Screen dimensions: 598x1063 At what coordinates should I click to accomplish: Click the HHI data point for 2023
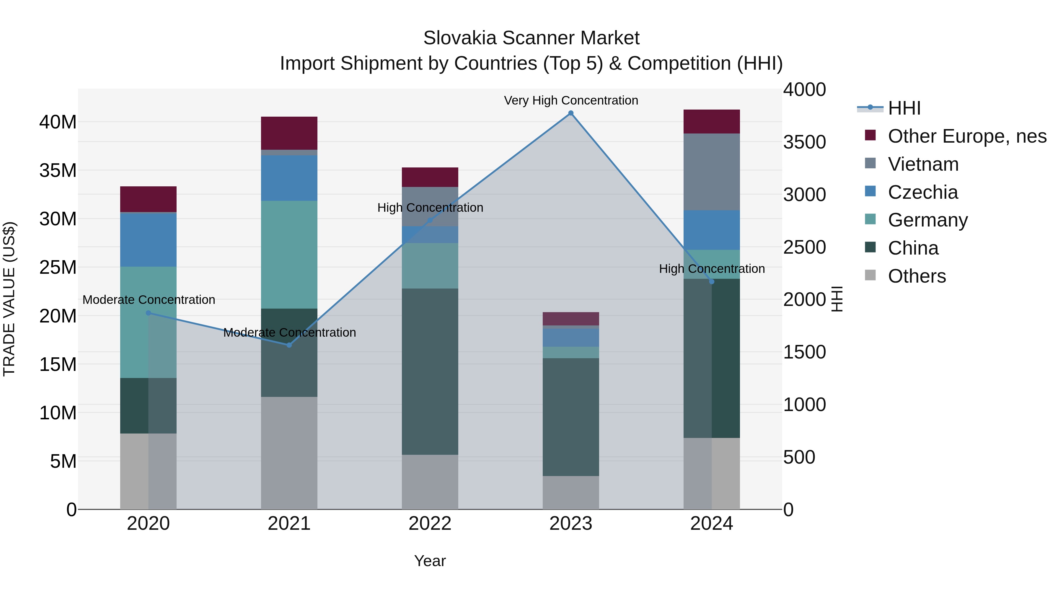(x=571, y=113)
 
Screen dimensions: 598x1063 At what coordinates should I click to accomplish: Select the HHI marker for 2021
(x=289, y=345)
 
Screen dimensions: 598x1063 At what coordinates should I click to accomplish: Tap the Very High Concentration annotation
(x=571, y=100)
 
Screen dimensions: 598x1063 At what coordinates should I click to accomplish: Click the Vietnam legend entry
(x=923, y=164)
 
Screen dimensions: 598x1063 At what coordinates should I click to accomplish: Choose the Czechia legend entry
(x=923, y=192)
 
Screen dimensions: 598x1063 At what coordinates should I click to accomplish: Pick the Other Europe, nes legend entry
(x=967, y=136)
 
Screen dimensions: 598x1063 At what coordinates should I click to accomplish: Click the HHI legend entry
(x=904, y=108)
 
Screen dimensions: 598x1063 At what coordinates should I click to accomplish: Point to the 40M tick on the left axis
(x=58, y=122)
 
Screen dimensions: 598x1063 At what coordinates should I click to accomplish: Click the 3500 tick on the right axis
(x=804, y=142)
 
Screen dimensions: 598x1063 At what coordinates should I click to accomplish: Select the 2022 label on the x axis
(x=430, y=524)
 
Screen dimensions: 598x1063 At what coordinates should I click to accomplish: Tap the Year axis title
(x=430, y=561)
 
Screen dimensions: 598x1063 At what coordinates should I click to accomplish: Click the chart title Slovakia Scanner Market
(x=531, y=38)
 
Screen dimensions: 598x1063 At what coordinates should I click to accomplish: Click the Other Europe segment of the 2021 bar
(x=289, y=133)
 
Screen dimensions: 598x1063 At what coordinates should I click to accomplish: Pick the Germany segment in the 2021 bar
(x=289, y=255)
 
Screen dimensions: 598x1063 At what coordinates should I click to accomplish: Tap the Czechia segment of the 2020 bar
(x=148, y=240)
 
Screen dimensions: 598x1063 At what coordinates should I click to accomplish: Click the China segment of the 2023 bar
(x=571, y=417)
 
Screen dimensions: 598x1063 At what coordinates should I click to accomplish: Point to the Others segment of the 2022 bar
(x=430, y=482)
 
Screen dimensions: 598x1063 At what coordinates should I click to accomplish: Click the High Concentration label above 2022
(x=430, y=208)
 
